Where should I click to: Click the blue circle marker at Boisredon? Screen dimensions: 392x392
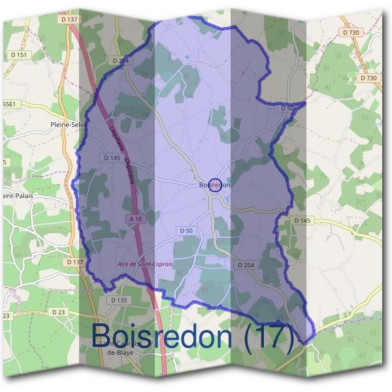point(216,185)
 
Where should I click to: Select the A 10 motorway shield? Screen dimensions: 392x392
point(136,220)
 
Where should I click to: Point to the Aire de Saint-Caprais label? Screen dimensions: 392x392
point(145,264)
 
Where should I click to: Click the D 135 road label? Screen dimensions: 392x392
point(118,300)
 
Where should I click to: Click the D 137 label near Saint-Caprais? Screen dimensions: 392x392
point(76,262)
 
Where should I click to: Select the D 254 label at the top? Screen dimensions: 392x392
point(121,60)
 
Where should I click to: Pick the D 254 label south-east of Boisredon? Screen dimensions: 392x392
point(245,265)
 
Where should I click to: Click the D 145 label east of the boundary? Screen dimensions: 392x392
point(302,220)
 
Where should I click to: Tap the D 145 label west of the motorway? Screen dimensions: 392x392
point(112,158)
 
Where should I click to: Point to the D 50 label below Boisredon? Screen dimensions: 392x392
point(186,231)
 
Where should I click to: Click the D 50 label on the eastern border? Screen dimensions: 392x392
point(288,108)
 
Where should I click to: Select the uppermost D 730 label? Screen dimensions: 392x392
point(350,32)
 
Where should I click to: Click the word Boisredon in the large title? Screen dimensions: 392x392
point(161,336)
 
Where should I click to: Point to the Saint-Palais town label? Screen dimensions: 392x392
point(17,195)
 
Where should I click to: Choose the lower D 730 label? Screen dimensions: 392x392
point(368,78)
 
